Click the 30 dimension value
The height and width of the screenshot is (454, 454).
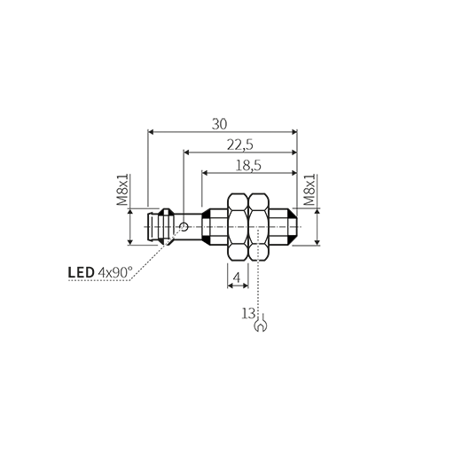pos(220,124)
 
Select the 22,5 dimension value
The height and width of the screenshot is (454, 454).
pos(240,145)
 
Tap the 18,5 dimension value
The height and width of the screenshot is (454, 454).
pos(248,166)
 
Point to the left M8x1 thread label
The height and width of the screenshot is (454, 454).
pos(122,190)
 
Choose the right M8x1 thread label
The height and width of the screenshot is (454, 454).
pos(309,190)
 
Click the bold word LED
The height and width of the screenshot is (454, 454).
pos(81,272)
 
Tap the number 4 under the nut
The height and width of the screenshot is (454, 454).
pos(237,278)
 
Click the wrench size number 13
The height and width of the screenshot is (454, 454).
pos(248,313)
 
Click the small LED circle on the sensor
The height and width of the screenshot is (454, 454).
pos(184,227)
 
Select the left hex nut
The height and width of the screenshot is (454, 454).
pos(238,227)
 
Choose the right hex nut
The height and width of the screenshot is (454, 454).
pos(259,227)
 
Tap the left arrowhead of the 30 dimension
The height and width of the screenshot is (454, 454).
pos(151,132)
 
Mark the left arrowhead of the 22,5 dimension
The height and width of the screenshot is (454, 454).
pos(187,153)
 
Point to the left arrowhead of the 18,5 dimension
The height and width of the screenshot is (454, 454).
pos(205,173)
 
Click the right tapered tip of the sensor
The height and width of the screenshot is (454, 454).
pos(293,227)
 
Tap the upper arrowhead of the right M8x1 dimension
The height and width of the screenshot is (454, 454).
pos(317,212)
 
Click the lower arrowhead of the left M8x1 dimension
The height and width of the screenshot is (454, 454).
pos(130,242)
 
